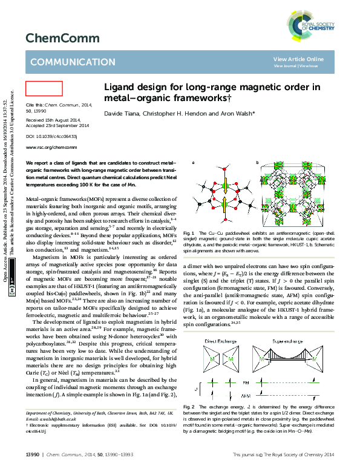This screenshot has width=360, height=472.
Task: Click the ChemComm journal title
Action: coord(54,38)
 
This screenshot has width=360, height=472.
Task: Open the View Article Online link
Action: coord(298,59)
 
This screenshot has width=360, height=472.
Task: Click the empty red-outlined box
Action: coord(44,88)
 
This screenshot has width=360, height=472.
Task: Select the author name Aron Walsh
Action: coord(238,113)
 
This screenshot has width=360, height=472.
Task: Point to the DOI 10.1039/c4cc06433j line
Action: coord(50,137)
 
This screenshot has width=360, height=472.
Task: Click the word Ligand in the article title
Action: coord(120,87)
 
